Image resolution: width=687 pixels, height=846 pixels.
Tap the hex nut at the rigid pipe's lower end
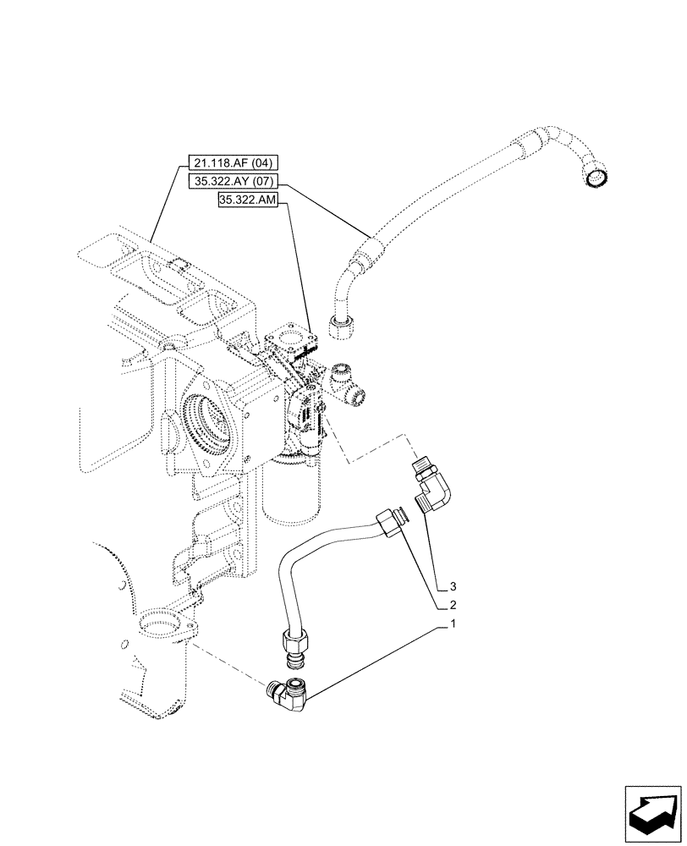point(295,649)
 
